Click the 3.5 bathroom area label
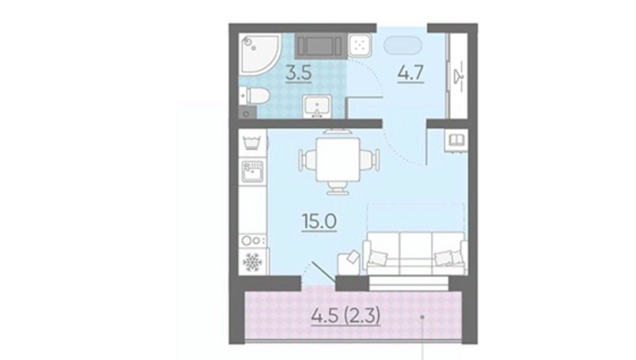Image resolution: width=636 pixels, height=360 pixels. point(299,73)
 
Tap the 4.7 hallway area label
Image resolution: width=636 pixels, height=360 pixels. point(410,73)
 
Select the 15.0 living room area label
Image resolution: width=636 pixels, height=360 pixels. point(319,221)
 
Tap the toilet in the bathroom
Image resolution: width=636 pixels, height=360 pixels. point(253,96)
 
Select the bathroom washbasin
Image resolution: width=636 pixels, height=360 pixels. point(317,106)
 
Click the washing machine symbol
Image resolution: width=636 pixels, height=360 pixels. point(252,142)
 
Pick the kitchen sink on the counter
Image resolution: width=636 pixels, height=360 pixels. point(252,172)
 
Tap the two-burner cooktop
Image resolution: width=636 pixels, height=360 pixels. point(253,241)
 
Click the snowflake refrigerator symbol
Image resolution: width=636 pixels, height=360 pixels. point(252,262)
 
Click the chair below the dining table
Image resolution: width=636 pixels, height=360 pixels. point(337,188)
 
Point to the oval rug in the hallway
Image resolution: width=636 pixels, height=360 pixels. point(403,45)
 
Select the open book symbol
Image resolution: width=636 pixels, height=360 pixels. point(457,140)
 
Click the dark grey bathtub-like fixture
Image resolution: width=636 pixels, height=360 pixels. point(321,46)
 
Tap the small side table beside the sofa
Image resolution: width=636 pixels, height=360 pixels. point(349,263)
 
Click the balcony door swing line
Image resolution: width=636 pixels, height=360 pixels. point(323,272)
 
